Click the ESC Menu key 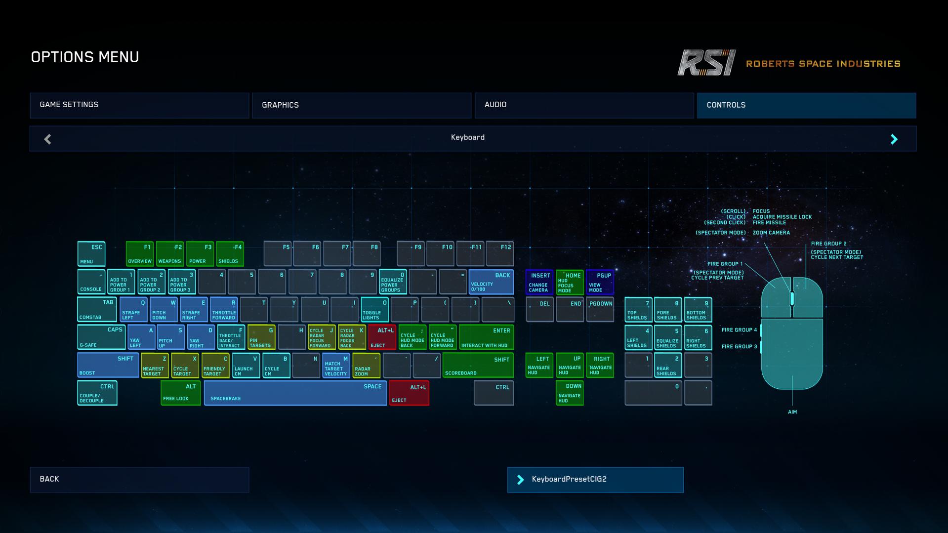(91, 254)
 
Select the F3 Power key (200, 254)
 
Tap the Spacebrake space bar (295, 393)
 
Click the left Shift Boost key (108, 365)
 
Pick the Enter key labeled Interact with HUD (487, 337)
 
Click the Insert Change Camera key (539, 282)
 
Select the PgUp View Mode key (600, 282)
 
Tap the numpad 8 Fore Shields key (668, 310)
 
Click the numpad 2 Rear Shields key (668, 365)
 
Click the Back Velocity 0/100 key (491, 282)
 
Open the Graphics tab (362, 105)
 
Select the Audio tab (584, 105)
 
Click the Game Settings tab (139, 105)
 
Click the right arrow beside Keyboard (894, 139)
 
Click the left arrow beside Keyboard (47, 139)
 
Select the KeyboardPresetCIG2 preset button (595, 480)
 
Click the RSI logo (706, 63)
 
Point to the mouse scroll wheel (792, 298)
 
